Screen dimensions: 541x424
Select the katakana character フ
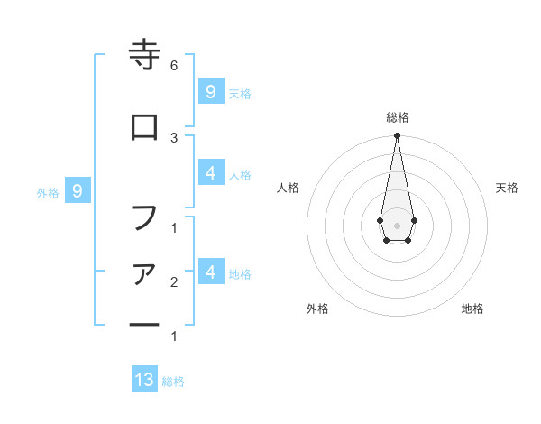(144, 217)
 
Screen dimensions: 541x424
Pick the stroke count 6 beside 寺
(173, 66)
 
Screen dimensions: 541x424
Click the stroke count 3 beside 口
(173, 137)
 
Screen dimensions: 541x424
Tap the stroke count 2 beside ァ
(173, 282)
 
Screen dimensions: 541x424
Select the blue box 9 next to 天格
(210, 91)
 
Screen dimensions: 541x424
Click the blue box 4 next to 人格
(210, 172)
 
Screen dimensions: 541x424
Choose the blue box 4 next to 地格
(210, 272)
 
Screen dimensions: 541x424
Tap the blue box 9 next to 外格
(78, 190)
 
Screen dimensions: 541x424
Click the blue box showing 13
(144, 380)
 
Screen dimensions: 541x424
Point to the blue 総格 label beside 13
(174, 382)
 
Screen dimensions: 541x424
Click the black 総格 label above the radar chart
(398, 117)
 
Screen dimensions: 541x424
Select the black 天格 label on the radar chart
(508, 188)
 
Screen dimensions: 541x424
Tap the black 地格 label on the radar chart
(472, 309)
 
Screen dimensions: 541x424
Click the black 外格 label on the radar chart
(317, 309)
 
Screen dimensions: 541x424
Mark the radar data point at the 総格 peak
(397, 136)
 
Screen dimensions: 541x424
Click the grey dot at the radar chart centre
(397, 225)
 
